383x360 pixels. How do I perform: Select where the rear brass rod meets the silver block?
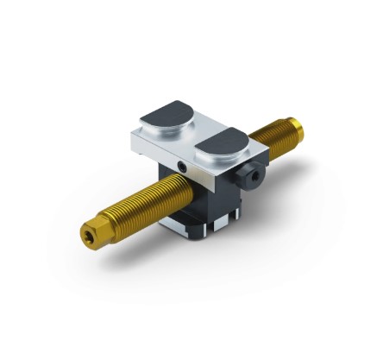click(259, 147)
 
